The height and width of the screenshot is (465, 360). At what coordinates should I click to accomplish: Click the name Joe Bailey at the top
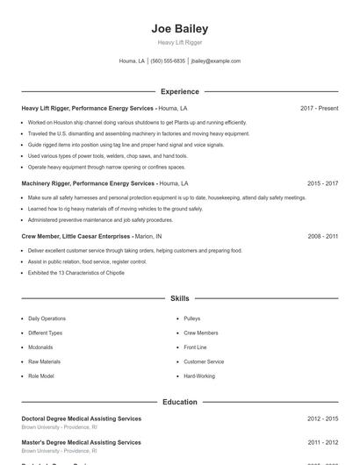point(179,29)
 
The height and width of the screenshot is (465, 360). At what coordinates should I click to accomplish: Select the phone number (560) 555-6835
point(168,61)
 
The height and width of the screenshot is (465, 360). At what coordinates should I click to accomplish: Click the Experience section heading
point(179,91)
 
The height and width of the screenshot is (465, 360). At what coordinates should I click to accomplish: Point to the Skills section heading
point(179,299)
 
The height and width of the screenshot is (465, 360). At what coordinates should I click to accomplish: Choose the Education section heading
point(179,402)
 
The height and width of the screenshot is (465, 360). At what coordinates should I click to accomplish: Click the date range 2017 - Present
point(319,108)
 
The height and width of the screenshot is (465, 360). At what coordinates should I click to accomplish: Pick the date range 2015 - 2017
point(322,183)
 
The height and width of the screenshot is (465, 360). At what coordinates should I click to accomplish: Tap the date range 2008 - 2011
point(322,236)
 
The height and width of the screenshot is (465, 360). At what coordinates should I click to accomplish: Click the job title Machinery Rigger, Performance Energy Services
point(88,183)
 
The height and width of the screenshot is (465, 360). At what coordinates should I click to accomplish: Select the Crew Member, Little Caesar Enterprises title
point(76,236)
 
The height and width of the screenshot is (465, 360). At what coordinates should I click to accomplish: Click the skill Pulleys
point(192,318)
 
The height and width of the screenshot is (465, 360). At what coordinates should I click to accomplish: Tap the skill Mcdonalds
point(42,347)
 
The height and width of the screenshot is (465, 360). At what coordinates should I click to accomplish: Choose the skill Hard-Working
point(199,376)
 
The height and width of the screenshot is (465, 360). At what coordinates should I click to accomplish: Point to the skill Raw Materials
point(44,361)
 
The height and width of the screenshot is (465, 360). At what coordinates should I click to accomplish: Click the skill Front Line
point(195,347)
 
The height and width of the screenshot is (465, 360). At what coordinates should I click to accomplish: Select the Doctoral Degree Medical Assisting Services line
point(81,419)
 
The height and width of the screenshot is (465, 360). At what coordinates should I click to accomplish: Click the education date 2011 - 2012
point(322,442)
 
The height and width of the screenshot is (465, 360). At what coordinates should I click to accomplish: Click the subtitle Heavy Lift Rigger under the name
point(179,42)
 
